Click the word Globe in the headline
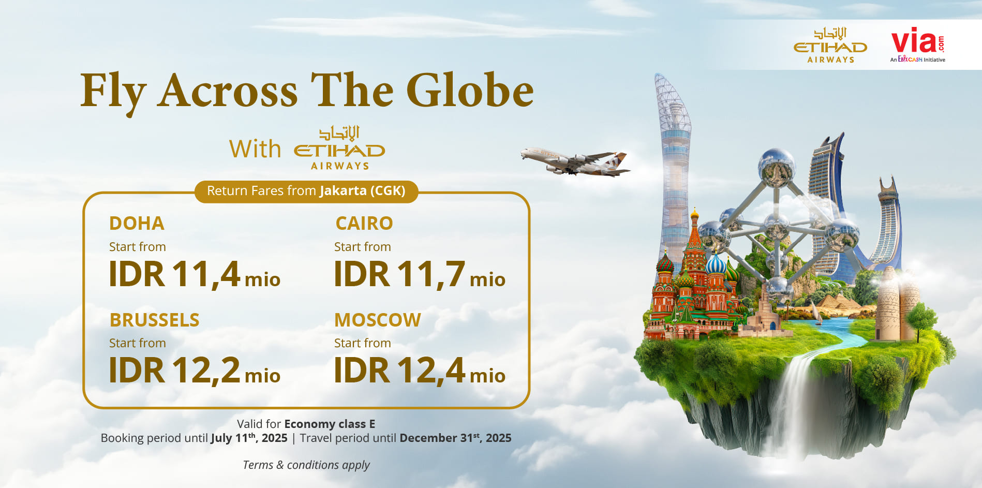(470, 90)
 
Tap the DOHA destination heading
(137, 224)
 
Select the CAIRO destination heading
(364, 224)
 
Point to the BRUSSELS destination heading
(154, 320)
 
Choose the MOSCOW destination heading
(378, 320)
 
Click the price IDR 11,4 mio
(195, 274)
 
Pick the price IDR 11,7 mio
(420, 274)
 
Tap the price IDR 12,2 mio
(195, 371)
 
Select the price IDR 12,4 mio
(420, 371)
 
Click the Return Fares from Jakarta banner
(306, 191)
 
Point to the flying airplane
(575, 162)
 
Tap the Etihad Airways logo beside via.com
(830, 46)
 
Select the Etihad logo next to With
(339, 148)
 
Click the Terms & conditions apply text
(306, 465)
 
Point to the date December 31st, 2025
(455, 438)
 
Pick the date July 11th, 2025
(249, 438)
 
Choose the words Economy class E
(330, 424)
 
